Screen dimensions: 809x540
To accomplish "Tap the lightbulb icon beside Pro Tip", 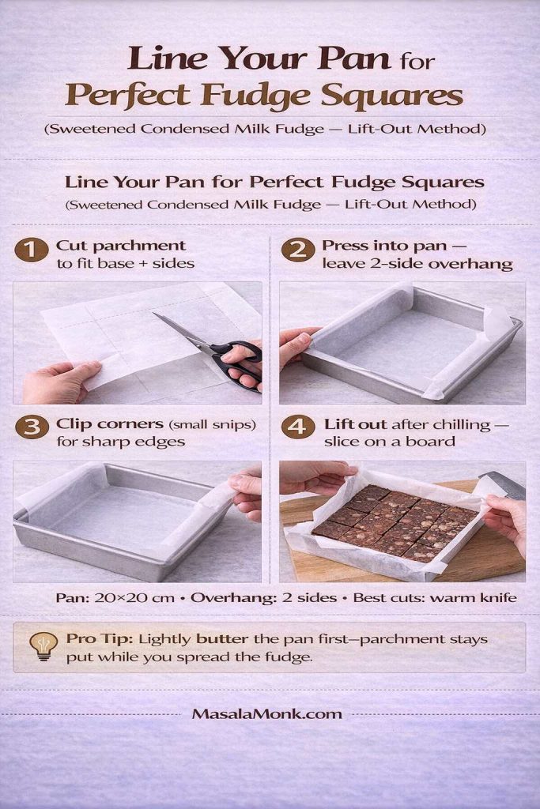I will [43, 645].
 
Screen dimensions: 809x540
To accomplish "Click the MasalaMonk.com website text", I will [266, 713].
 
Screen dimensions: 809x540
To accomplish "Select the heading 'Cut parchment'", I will [120, 246].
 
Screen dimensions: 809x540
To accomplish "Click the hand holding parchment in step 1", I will [59, 382].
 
